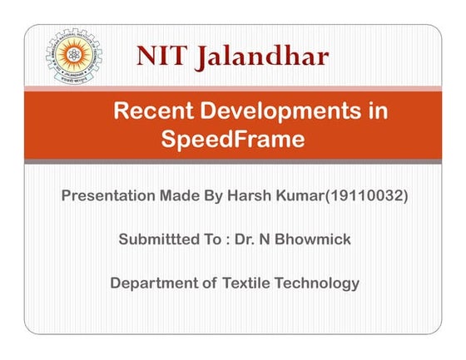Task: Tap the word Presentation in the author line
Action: tap(108, 197)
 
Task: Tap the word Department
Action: tap(153, 283)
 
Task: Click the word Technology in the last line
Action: tap(320, 283)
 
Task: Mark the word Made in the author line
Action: tap(181, 197)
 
